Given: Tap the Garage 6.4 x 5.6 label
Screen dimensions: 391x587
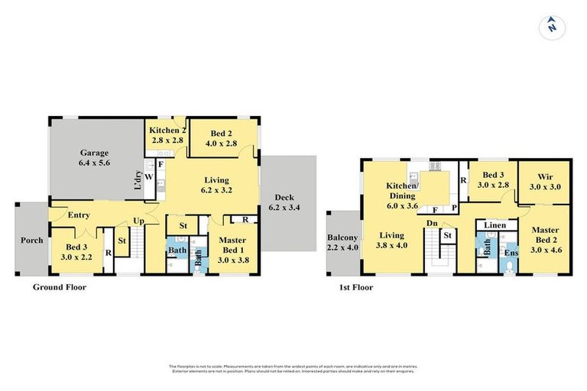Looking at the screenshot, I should pyautogui.click(x=95, y=157).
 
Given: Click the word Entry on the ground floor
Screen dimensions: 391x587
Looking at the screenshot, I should pyautogui.click(x=79, y=215).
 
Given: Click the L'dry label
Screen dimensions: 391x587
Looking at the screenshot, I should pyautogui.click(x=138, y=183).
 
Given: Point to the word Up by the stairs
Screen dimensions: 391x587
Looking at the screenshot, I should pyautogui.click(x=140, y=221).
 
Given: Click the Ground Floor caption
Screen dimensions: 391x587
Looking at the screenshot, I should pyautogui.click(x=59, y=288).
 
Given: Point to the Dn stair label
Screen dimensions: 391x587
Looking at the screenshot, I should pyautogui.click(x=433, y=224).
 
